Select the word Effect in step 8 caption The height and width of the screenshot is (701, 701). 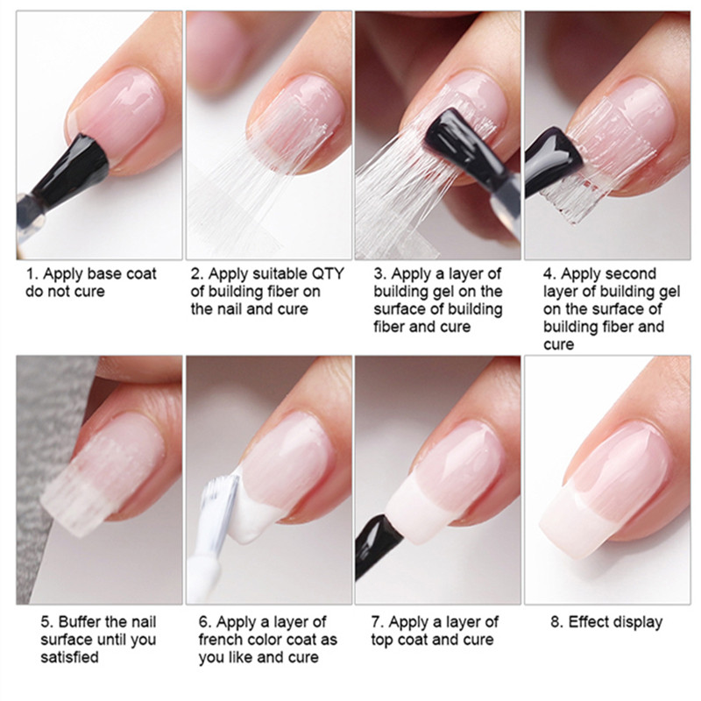point(589,622)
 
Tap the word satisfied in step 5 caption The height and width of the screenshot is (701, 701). point(69,657)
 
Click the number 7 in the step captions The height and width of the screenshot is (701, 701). point(376,622)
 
